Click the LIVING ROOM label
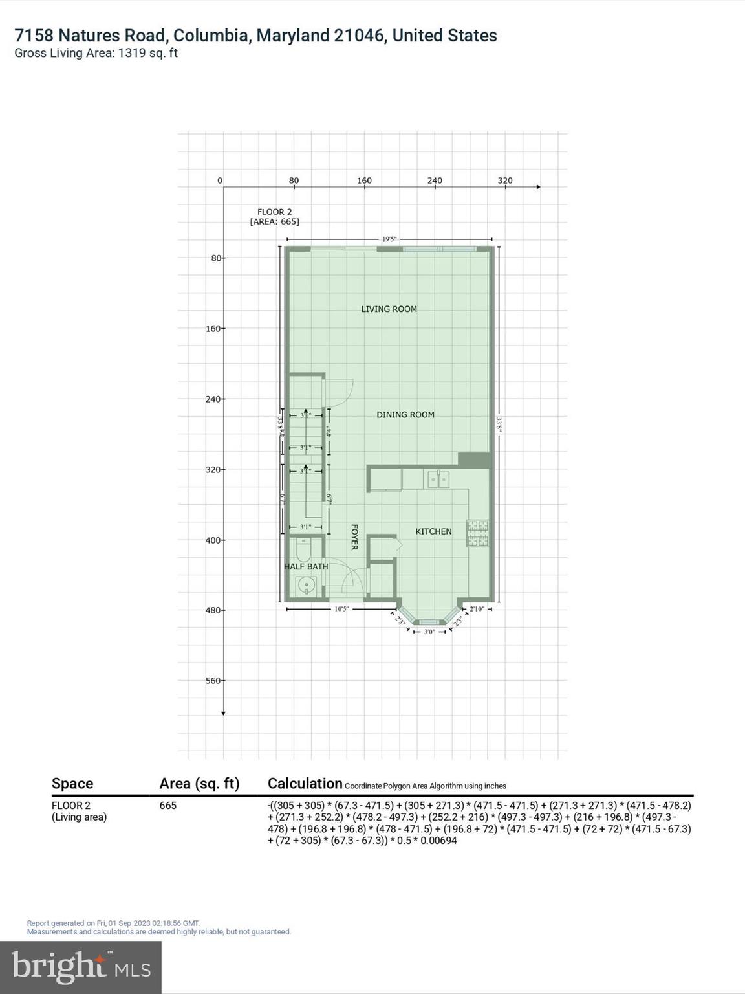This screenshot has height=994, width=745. (389, 309)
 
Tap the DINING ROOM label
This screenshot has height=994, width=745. (405, 415)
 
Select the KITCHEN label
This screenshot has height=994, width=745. (433, 531)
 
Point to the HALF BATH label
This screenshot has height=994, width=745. (306, 566)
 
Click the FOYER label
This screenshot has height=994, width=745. (354, 537)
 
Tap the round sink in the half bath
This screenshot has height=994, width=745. (305, 586)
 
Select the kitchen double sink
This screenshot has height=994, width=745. (438, 480)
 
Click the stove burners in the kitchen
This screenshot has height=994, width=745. (478, 533)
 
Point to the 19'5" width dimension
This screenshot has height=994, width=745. (389, 239)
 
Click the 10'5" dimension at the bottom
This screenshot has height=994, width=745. (341, 609)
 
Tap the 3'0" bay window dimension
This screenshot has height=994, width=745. (429, 632)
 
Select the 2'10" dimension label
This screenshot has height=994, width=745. (477, 609)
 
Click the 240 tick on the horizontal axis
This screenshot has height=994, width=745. (435, 181)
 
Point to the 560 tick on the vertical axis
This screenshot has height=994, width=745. (213, 681)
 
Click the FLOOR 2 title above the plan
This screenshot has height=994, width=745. (275, 212)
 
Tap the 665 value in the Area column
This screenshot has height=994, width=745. (168, 806)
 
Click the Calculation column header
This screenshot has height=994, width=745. (305, 784)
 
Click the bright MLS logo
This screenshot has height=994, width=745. (80, 967)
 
